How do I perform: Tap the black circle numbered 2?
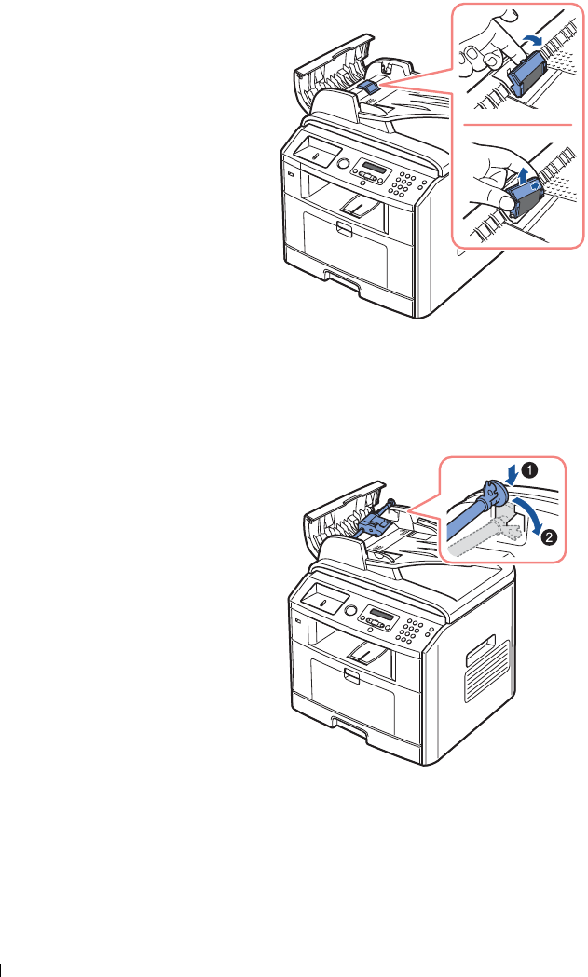[550, 537]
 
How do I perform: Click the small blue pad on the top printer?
[367, 86]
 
